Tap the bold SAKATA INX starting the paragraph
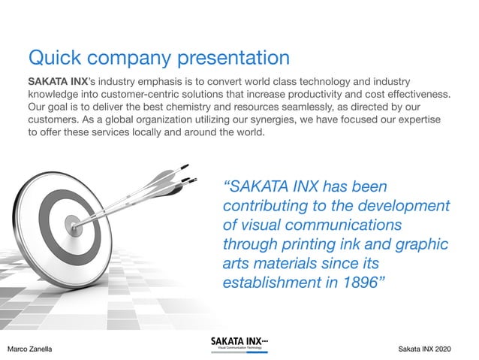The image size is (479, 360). (x=60, y=80)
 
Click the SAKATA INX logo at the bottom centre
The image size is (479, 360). (x=239, y=344)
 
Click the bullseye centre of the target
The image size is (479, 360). (x=71, y=222)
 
